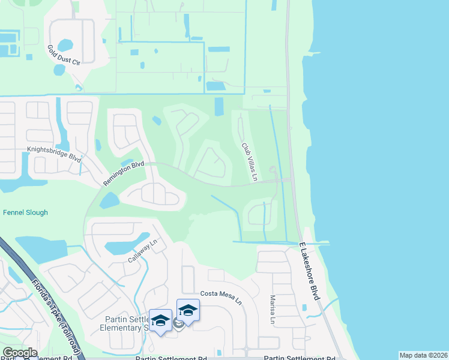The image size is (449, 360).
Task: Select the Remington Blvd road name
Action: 124,172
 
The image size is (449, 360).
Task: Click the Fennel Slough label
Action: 25,212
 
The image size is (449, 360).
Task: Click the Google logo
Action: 20,352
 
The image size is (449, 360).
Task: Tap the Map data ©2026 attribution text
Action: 423,355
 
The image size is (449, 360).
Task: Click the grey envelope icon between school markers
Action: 178,324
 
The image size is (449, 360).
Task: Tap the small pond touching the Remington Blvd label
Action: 127,163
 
